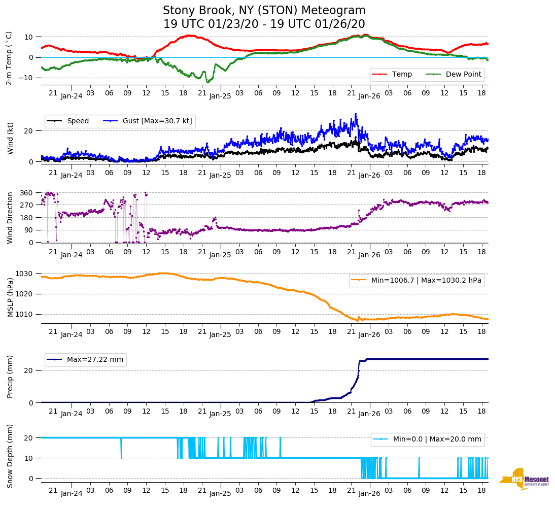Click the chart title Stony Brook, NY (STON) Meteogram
pos(264,11)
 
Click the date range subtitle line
pos(264,24)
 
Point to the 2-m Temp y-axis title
pos(9,57)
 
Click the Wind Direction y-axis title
pos(9,217)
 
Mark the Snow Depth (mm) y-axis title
pos(9,456)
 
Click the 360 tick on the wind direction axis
pos(26,193)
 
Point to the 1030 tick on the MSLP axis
pos(24,274)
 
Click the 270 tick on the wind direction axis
pos(26,205)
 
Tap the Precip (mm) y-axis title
pos(9,377)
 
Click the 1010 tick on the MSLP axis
pos(24,314)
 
